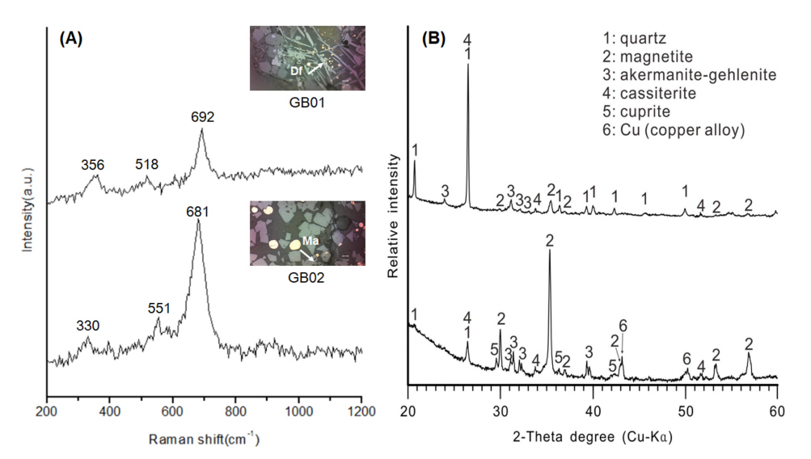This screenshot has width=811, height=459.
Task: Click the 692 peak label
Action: pyautogui.click(x=203, y=117)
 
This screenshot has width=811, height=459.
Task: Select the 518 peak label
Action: pyautogui.click(x=146, y=164)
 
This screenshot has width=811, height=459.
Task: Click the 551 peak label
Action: pyautogui.click(x=159, y=310)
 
